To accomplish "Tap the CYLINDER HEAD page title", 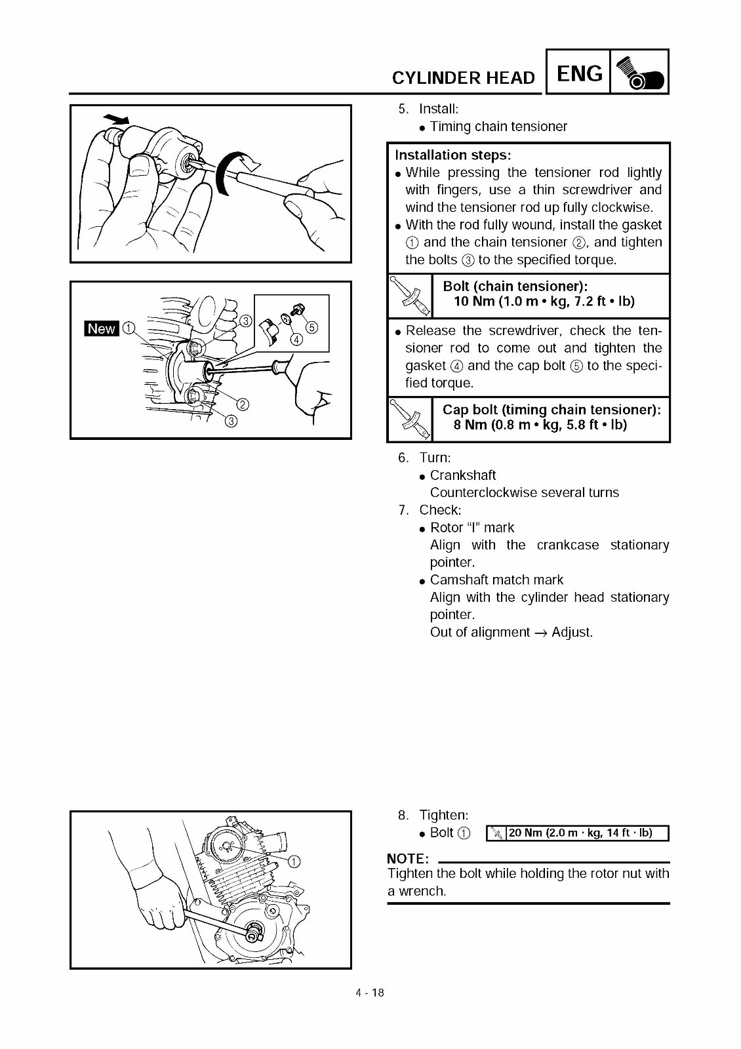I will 464,78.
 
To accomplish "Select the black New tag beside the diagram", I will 102,329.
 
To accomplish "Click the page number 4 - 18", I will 370,993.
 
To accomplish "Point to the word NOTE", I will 408,859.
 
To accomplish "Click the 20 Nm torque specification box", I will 577,833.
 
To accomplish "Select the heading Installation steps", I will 452,155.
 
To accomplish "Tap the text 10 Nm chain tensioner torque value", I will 544,302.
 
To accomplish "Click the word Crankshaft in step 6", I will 463,475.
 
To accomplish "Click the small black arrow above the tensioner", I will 117,119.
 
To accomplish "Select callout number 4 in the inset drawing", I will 296,339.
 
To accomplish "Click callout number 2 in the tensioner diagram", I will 242,404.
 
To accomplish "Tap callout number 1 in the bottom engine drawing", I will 294,861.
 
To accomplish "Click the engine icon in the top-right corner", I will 639,72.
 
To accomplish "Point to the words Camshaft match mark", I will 496,580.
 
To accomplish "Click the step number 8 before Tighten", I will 403,816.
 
